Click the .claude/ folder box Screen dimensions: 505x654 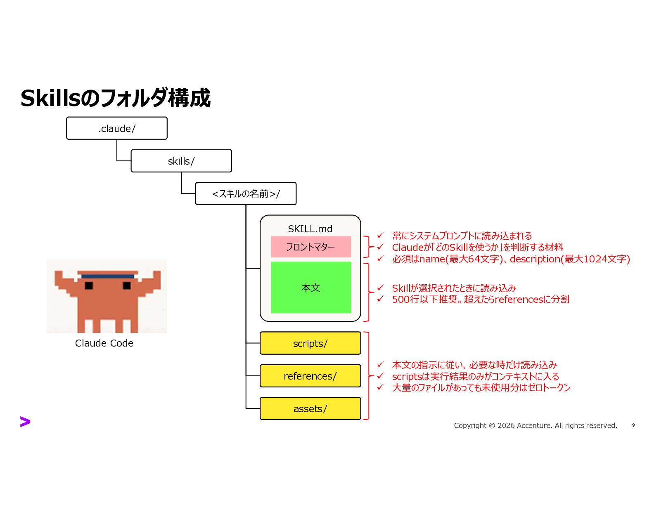(117, 128)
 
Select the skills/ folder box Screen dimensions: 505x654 (181, 161)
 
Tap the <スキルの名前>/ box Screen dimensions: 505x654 (246, 194)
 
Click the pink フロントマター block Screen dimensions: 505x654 (310, 247)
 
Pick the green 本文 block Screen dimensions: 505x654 (310, 288)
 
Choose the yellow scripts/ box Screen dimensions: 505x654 (310, 343)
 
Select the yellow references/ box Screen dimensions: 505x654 (310, 376)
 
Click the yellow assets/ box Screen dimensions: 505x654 (310, 408)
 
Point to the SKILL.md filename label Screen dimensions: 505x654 (310, 229)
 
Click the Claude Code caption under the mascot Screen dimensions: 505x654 (104, 343)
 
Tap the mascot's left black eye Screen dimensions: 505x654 (89, 286)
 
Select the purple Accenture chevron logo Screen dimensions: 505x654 (25, 422)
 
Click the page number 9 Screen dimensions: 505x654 (633, 425)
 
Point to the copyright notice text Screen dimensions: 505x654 (535, 425)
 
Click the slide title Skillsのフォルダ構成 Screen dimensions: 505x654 (115, 98)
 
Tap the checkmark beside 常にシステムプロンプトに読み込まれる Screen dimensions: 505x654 (380, 235)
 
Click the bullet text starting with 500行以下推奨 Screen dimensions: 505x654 (480, 299)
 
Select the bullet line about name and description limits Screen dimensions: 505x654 (511, 259)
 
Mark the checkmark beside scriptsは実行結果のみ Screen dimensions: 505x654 (380, 376)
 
